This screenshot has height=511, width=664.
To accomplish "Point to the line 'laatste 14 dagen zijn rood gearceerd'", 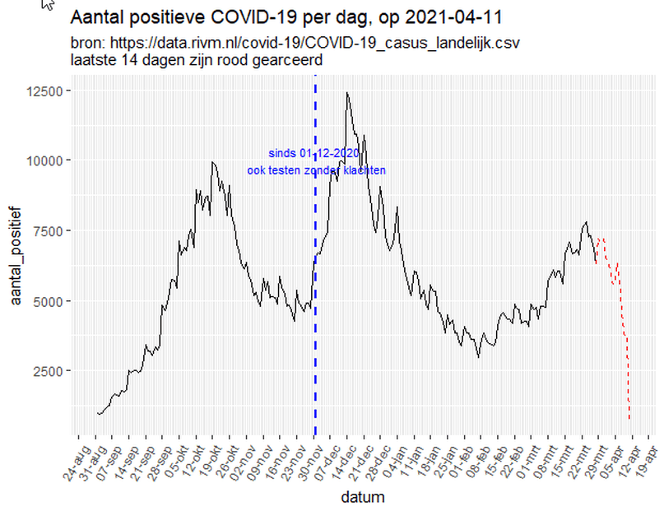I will click(196, 59).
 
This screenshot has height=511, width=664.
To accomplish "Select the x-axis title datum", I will click(363, 497).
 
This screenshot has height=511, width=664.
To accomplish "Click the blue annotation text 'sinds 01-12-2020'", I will click(313, 153).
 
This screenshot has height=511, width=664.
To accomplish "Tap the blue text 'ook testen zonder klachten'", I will click(317, 170).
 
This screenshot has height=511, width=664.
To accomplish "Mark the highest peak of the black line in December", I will click(347, 93).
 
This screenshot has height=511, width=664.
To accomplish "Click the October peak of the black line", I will click(213, 162).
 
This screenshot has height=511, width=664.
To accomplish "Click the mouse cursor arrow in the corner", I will click(48, 4).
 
